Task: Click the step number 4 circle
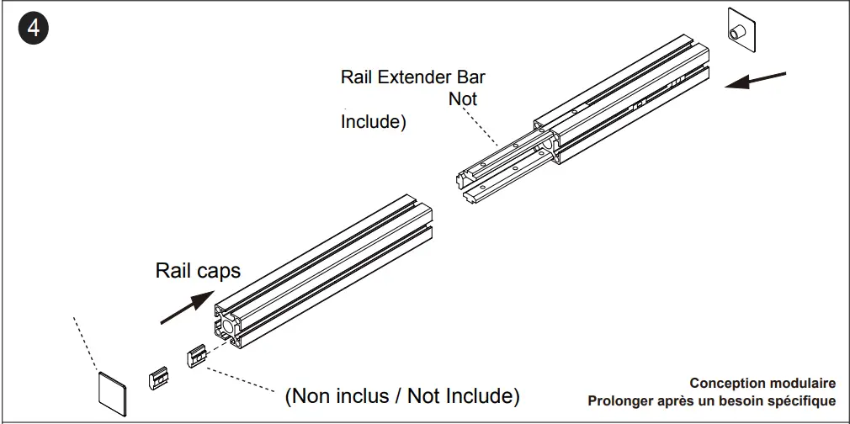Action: coord(33,29)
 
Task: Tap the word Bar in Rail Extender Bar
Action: coord(470,77)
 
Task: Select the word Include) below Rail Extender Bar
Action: coord(373,122)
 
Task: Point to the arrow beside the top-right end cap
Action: coord(755,81)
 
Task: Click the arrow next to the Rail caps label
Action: coord(186,306)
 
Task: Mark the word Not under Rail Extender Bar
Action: coord(463,99)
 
